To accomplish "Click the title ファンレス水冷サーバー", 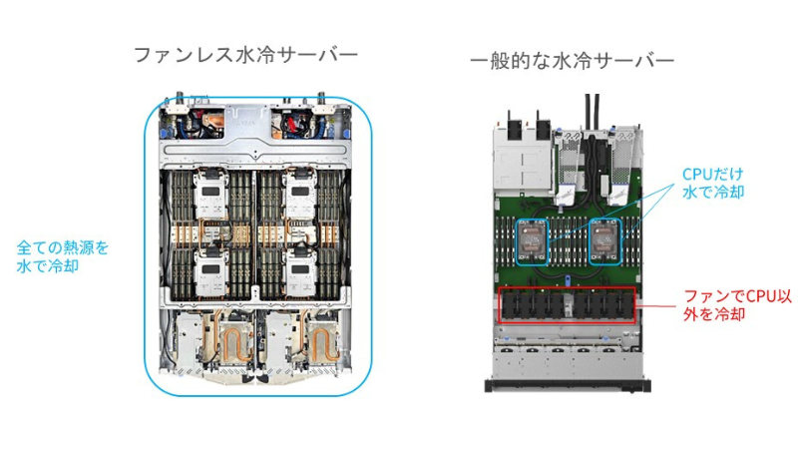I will click(x=245, y=55).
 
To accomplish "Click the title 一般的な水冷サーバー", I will click(x=573, y=62).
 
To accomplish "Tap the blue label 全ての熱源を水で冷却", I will click(x=63, y=254).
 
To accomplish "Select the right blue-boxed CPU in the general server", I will click(x=603, y=240).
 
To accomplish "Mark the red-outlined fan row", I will click(x=566, y=304).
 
